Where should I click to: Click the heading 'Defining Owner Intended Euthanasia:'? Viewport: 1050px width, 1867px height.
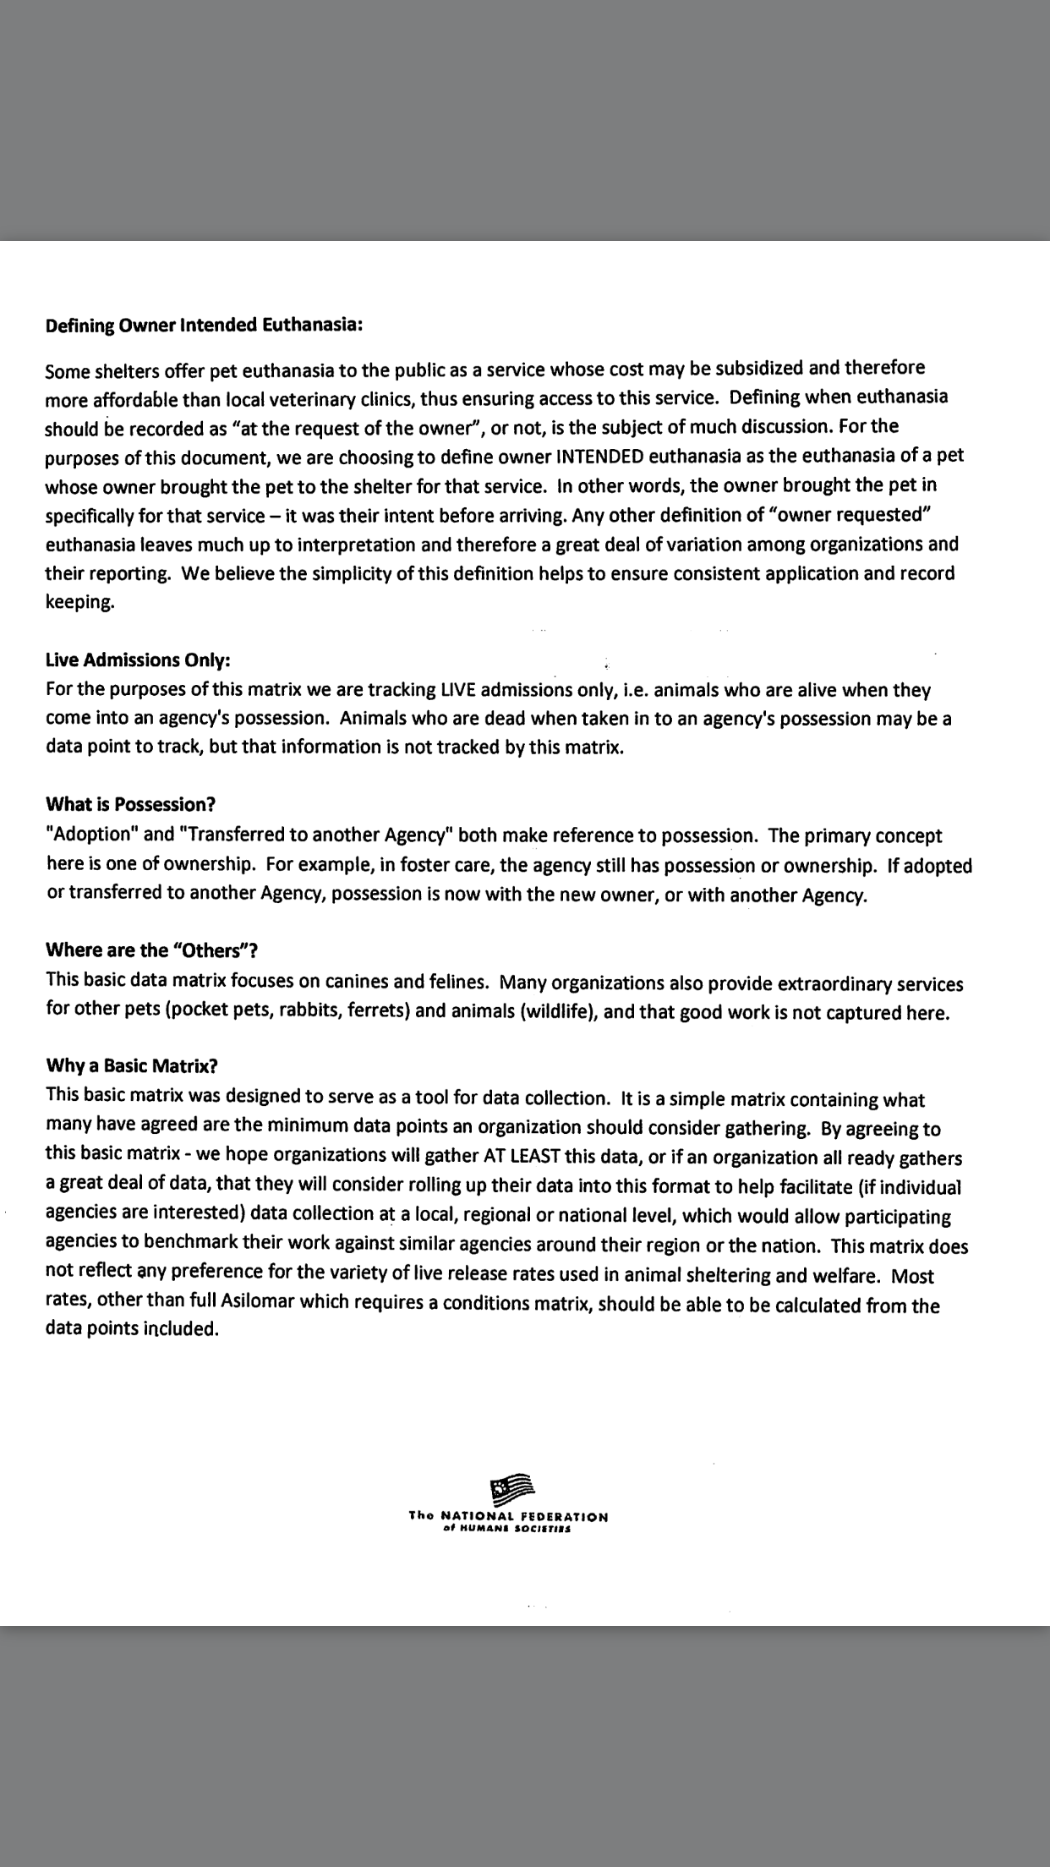[204, 326]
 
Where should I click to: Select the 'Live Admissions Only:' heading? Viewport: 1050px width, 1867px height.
[138, 660]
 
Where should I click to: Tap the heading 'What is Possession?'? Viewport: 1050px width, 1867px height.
[131, 803]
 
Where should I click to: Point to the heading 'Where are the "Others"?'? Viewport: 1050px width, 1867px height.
[152, 950]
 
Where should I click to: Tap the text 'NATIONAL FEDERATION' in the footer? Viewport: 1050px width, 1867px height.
[524, 1517]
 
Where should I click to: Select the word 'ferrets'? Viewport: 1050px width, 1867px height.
[376, 1010]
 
